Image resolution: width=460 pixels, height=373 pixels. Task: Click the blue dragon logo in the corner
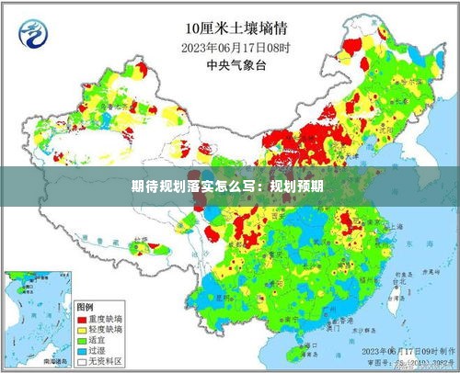click(x=34, y=36)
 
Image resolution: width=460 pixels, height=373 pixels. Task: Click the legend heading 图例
click(x=86, y=306)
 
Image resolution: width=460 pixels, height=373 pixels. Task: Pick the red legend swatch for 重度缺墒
click(x=83, y=318)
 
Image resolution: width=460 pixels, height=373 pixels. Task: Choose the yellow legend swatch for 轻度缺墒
click(x=83, y=329)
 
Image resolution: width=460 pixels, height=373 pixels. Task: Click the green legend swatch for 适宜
click(x=83, y=340)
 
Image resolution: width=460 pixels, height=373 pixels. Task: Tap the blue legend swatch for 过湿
click(x=83, y=351)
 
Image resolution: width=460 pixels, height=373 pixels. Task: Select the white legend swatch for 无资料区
click(x=83, y=362)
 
